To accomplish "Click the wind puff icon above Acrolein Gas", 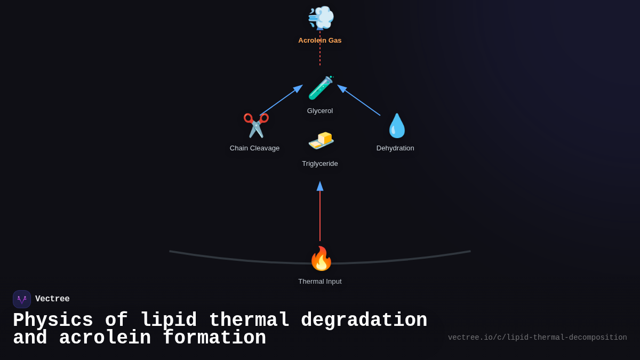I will tap(321, 18).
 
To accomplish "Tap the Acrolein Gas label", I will tap(320, 41).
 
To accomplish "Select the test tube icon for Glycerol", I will tap(321, 88).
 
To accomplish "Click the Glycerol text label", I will tap(320, 111).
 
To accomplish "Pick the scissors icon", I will tap(256, 126).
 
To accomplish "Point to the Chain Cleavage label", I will tap(254, 148).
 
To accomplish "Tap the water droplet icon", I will tap(397, 126).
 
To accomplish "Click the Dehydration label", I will tap(395, 148).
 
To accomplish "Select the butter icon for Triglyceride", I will tap(321, 140).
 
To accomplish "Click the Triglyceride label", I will tap(320, 164).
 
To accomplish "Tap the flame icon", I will tap(321, 259).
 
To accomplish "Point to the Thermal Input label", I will tap(320, 282).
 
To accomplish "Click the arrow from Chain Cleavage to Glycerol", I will tap(281, 100).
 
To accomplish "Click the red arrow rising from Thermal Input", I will tap(320, 213).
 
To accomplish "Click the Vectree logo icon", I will tap(22, 299).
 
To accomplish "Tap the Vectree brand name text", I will tap(52, 299).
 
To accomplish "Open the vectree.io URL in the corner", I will tap(537, 338).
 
